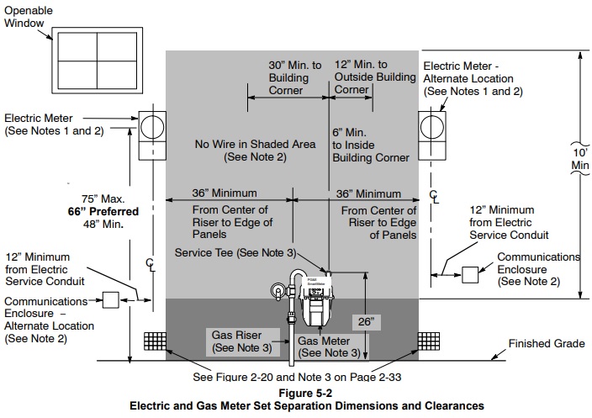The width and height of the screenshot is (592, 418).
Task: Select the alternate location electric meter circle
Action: [x=433, y=127]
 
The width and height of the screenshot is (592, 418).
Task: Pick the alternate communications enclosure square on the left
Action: [x=110, y=299]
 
